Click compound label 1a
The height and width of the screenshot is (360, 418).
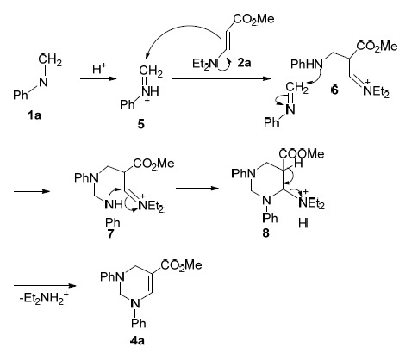coord(34,115)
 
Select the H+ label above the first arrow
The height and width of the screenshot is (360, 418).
coord(99,69)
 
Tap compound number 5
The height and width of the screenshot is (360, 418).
coord(140,125)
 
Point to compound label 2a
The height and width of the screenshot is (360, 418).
coord(244,63)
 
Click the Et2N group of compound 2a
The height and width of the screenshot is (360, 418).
coord(205,64)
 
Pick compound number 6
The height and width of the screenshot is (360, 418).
coord(334,90)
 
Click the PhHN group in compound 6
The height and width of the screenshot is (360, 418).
coord(307,64)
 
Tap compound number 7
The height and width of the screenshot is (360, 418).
coord(110,233)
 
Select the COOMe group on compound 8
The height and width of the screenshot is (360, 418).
coord(301,154)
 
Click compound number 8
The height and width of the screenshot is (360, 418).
coord(265,233)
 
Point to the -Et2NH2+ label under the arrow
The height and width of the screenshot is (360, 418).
coord(45,298)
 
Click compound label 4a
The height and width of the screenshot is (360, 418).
coord(137,341)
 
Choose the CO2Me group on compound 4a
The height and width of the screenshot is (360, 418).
coord(182,265)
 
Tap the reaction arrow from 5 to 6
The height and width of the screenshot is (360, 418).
coord(221,78)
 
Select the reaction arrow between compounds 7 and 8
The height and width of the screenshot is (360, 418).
coord(197,189)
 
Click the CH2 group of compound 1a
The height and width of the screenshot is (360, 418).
coord(50,60)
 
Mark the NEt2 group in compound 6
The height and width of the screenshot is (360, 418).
coord(376,91)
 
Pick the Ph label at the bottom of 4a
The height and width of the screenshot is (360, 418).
coord(139,324)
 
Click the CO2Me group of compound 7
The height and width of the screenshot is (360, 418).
coord(154,164)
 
